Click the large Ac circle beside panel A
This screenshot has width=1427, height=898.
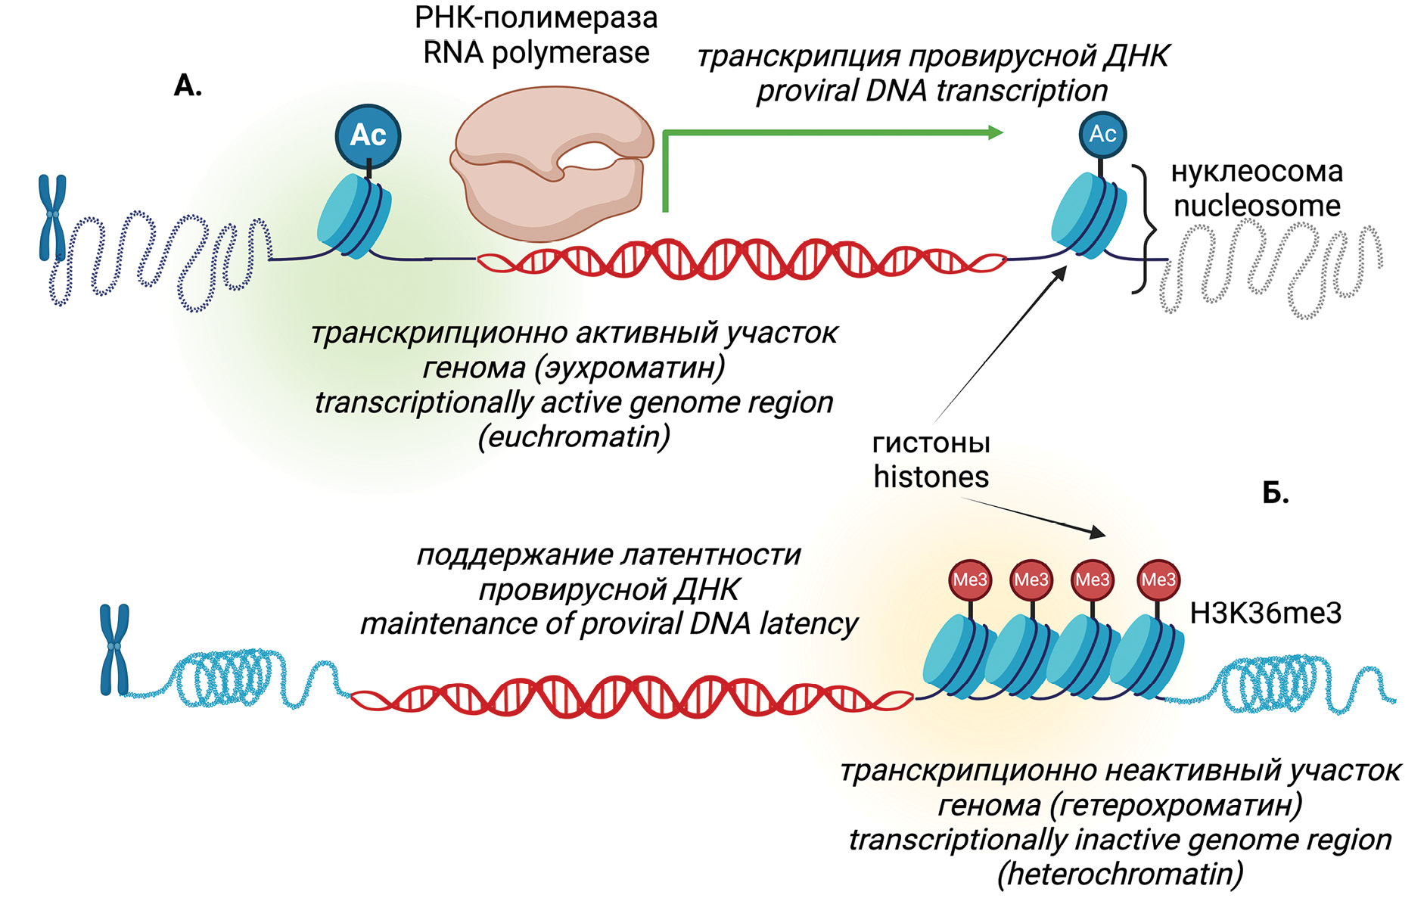coord(368,136)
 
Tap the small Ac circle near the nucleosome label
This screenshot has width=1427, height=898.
coord(1102,135)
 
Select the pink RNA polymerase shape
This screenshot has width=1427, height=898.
coord(552,163)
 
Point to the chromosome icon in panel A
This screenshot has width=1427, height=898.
coord(52,218)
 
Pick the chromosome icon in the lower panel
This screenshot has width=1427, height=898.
coord(114,648)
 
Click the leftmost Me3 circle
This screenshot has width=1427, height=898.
coord(970,580)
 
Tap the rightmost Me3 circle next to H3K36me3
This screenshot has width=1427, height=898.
coord(1158,580)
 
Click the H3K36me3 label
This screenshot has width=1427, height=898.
coord(1265,613)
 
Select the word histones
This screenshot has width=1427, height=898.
coord(931,477)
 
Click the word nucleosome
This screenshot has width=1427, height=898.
coord(1257,206)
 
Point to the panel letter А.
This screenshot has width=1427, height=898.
coord(188,85)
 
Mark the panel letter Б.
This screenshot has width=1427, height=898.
coord(1276,493)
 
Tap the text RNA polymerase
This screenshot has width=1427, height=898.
coord(536,53)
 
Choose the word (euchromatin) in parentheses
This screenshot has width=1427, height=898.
coord(574,437)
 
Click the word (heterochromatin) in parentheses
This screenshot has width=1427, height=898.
coord(1120,875)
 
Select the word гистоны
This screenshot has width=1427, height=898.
coord(931,443)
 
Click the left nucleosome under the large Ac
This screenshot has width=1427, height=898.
coord(354,216)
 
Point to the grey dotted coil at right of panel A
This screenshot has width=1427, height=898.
coord(1279,269)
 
